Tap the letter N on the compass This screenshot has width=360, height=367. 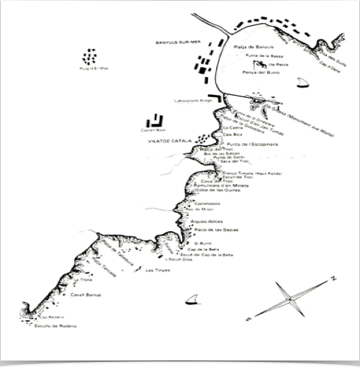pos(333,277)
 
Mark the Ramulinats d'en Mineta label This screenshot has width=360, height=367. pos(220,186)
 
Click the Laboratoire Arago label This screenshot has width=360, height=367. pos(191,101)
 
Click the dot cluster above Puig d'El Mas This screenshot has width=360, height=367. pos(90,55)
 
